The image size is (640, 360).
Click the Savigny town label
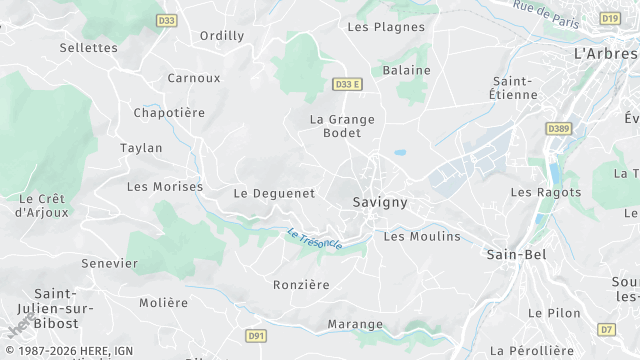coord(379,202)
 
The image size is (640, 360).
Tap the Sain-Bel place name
coord(515,254)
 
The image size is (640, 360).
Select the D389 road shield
coord(558,129)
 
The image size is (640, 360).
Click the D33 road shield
coord(166,19)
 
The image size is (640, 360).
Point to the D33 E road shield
coord(346,85)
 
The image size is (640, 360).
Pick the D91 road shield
coord(255,337)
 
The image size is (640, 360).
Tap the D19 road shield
coord(610,18)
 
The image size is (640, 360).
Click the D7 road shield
coord(607,329)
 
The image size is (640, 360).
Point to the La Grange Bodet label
coord(342,126)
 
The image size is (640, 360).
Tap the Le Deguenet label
coord(274,193)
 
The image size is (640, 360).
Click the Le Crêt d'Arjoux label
coord(41,205)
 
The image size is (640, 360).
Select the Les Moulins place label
coord(422,237)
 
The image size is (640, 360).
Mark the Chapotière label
coord(170,113)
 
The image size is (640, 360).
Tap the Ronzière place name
coord(301,285)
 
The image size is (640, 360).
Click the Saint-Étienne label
coord(516,87)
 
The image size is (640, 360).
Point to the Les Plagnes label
coord(385,27)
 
